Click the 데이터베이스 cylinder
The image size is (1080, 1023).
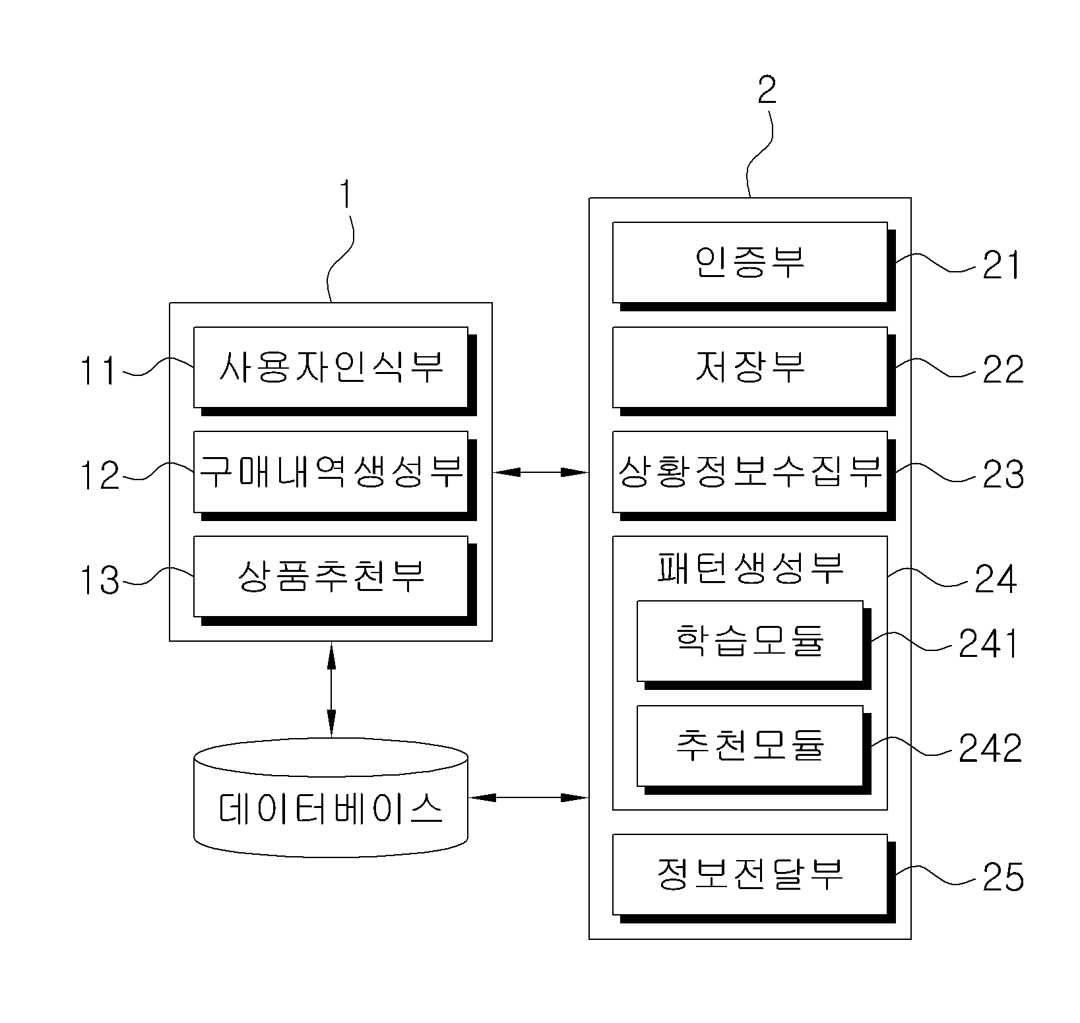tap(331, 798)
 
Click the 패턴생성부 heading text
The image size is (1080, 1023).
tap(750, 568)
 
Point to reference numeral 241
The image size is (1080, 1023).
tap(988, 644)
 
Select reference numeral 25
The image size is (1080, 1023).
tap(1003, 877)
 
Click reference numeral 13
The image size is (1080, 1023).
tap(100, 580)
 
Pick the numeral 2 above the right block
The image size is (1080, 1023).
tap(767, 90)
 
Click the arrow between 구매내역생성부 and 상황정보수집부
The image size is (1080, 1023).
tap(540, 472)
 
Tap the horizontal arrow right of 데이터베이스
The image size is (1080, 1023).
tap(528, 798)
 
